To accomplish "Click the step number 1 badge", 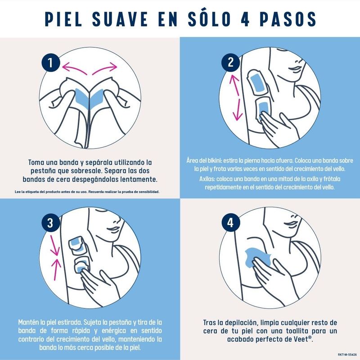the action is coord(51,63).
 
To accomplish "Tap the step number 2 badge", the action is coord(231,63).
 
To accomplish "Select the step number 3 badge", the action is coord(51,223).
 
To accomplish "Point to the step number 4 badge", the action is coord(231,223).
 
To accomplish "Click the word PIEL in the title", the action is coord(63,19).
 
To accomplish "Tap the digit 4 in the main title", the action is coord(245,19).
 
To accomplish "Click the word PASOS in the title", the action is coord(288,19).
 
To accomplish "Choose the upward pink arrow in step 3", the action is coord(55,269).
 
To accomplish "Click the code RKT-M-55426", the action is coord(347,355).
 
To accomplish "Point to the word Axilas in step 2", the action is coord(207,179).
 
